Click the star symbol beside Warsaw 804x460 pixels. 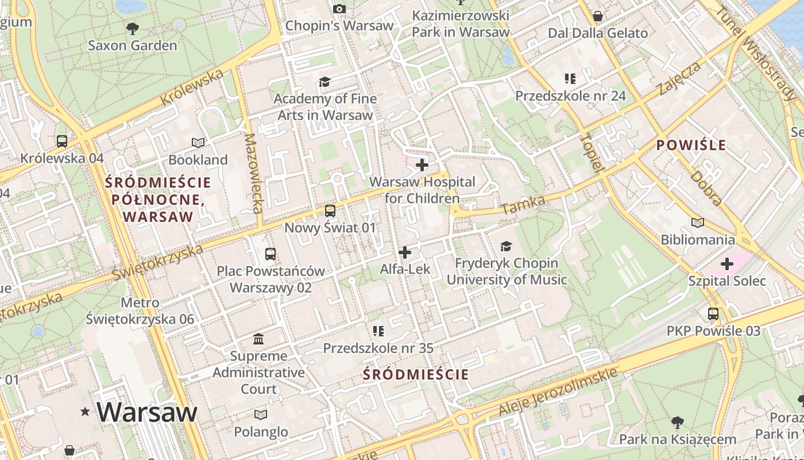click(x=86, y=411)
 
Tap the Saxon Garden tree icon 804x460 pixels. click(x=132, y=28)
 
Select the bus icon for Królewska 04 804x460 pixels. click(x=62, y=141)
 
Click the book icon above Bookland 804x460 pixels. click(x=198, y=143)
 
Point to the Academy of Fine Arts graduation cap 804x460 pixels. click(x=325, y=82)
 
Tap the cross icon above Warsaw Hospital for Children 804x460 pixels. click(x=422, y=166)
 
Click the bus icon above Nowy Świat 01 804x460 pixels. click(x=330, y=211)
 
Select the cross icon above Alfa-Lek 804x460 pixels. click(x=405, y=252)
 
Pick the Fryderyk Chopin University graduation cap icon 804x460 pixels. click(x=506, y=247)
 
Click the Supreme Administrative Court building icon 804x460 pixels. click(x=258, y=339)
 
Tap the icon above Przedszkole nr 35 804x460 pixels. click(x=378, y=331)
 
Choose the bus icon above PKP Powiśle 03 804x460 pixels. click(x=713, y=314)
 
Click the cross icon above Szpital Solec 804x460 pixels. click(x=727, y=264)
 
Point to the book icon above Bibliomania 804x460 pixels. click(x=698, y=223)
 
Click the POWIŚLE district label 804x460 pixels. click(x=691, y=145)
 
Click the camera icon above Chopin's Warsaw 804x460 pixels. click(x=339, y=9)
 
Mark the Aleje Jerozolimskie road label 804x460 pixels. click(x=558, y=391)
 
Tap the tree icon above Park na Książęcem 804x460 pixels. click(x=678, y=423)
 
